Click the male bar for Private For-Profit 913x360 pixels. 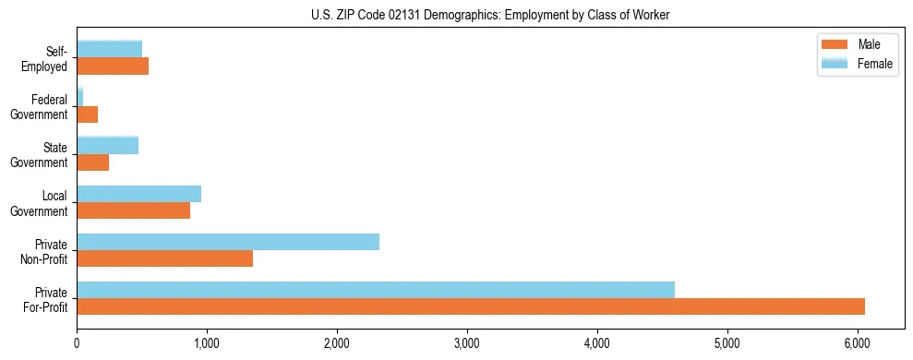point(471,306)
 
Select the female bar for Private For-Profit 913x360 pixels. point(376,290)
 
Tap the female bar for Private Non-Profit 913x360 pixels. point(228,242)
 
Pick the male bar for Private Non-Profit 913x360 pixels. point(164,258)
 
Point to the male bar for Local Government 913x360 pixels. point(133,210)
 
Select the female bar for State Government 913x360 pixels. point(107,146)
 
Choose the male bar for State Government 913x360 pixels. point(92,162)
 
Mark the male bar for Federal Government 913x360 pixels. point(87,114)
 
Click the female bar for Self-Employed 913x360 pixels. point(109,49)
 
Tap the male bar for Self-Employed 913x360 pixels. point(113,66)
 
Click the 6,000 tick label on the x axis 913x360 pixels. point(858,343)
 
